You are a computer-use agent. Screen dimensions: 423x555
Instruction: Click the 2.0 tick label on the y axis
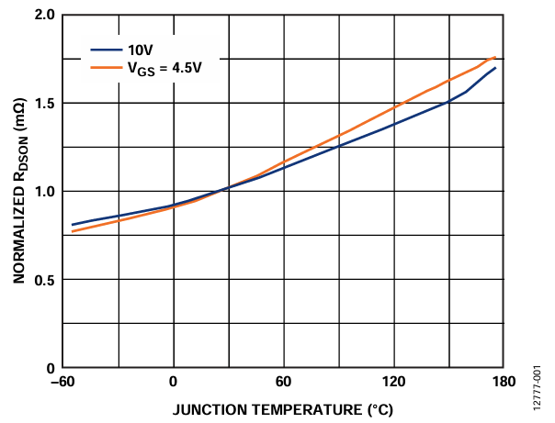[42, 17]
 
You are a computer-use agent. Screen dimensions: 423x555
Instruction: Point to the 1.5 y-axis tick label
[42, 104]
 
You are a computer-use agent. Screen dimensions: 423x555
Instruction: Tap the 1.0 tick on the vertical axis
[42, 192]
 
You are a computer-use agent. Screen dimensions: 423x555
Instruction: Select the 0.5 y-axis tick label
[42, 280]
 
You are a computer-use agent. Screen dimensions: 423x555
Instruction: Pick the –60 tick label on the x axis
[62, 383]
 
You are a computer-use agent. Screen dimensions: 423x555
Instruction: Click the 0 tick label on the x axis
[174, 383]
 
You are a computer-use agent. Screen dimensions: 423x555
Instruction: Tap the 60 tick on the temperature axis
[284, 383]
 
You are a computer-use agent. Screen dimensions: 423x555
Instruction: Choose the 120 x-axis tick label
[394, 383]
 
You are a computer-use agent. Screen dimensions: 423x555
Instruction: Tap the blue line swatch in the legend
[103, 50]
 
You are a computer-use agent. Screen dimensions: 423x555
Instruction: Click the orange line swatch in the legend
[103, 67]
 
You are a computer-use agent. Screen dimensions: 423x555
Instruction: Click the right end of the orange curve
[495, 57]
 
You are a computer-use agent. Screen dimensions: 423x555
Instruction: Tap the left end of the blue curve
[73, 225]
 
